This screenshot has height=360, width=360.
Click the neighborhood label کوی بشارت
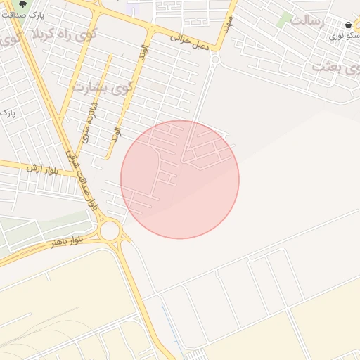(x=101, y=88)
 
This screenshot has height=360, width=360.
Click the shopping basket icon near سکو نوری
(x=349, y=25)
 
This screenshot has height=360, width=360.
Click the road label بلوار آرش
(x=41, y=169)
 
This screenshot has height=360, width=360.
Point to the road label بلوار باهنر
(x=67, y=240)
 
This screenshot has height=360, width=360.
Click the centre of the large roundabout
(x=110, y=230)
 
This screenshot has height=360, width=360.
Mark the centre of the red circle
(x=180, y=179)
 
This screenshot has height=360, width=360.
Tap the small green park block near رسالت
(x=285, y=19)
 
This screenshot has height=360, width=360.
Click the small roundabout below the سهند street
(x=214, y=61)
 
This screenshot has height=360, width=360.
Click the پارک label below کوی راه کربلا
(x=8, y=112)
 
